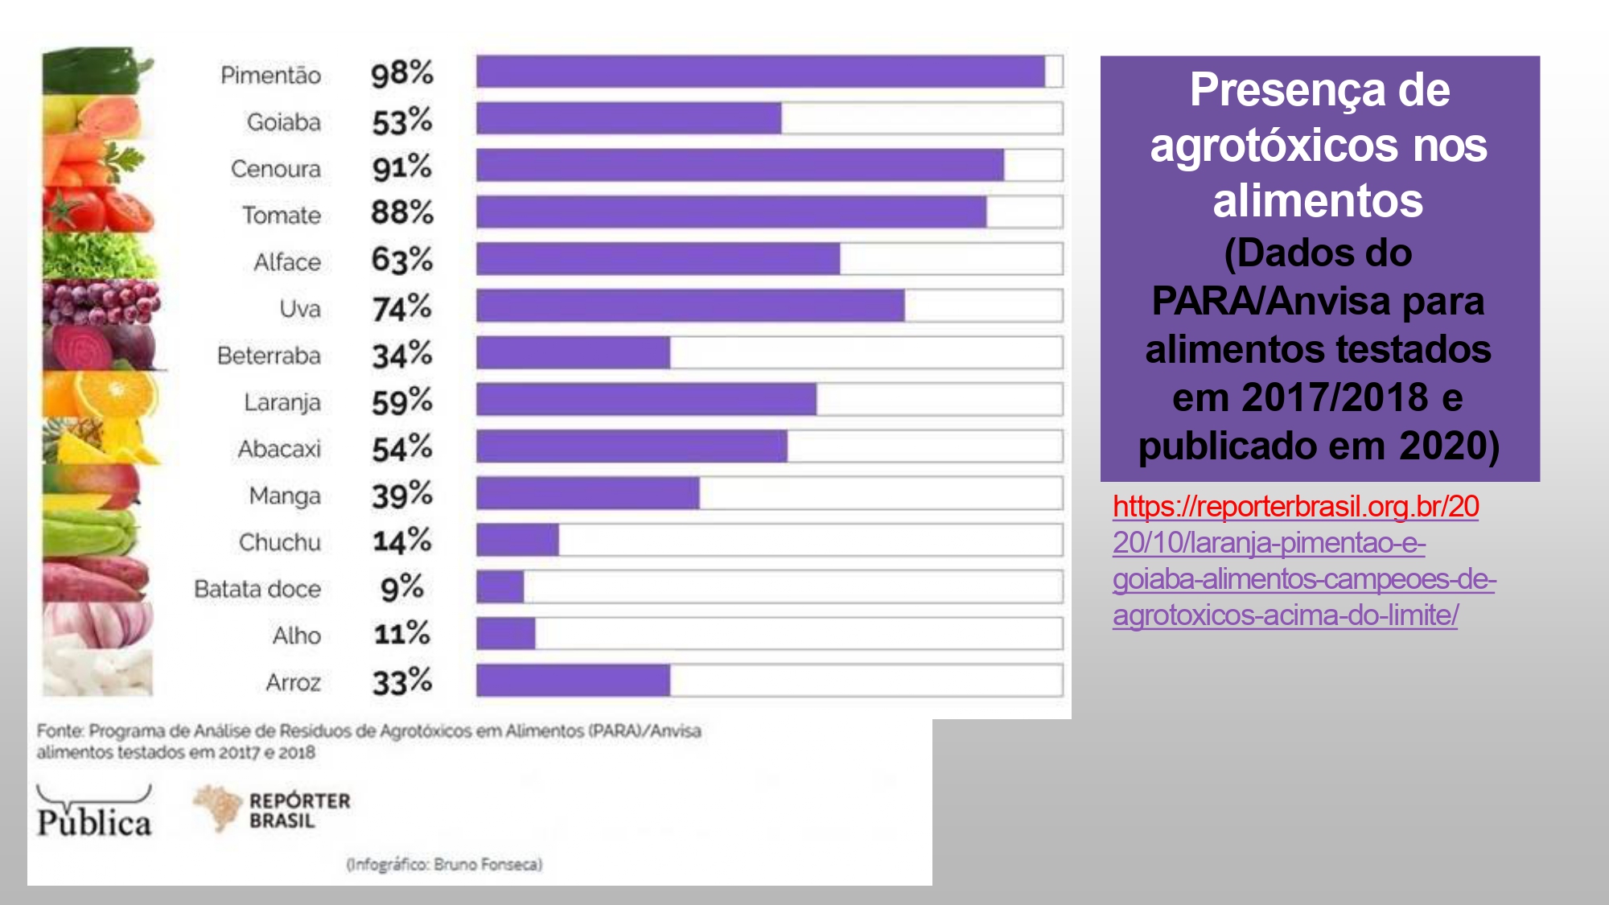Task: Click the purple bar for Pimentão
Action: [x=760, y=72]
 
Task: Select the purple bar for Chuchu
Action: [x=517, y=540]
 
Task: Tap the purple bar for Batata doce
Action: [x=500, y=586]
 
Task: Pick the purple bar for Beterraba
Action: [x=573, y=353]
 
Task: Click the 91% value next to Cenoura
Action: [x=401, y=167]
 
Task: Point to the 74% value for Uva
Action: [x=401, y=307]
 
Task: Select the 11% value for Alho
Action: [x=401, y=634]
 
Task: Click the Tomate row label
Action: [x=282, y=215]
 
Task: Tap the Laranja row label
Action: [x=282, y=401]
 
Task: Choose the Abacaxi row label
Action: [x=279, y=448]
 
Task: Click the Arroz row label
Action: [x=293, y=682]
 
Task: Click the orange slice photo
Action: [x=101, y=394]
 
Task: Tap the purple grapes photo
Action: [x=101, y=302]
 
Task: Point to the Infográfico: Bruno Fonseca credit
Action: [x=444, y=865]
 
